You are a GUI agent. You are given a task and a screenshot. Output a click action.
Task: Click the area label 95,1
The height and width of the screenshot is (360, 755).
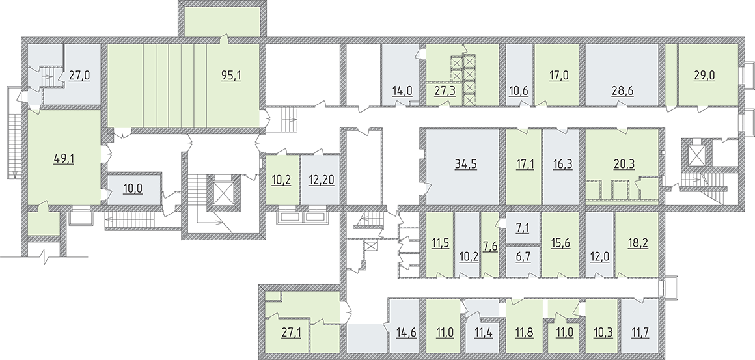coord(231,76)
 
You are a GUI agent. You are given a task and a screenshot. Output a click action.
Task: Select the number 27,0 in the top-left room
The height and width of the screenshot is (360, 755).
coord(80,76)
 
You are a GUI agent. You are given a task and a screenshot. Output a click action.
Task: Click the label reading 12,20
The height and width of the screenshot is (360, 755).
coord(321,180)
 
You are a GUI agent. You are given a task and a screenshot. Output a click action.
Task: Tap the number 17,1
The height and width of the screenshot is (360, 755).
coord(524,163)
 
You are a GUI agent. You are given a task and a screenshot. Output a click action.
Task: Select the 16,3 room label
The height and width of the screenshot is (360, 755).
coord(562,163)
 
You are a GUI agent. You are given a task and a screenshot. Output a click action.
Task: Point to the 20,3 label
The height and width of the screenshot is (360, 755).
coord(625,163)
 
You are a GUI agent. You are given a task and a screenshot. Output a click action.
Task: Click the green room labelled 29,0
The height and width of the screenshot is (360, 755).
coord(704,76)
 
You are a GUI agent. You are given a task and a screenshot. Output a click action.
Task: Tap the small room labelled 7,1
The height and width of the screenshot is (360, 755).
coord(523,227)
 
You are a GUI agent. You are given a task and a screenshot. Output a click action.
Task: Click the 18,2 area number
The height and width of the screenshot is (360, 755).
coord(638,243)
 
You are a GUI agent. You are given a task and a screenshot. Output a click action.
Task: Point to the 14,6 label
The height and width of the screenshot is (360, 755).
coord(406,332)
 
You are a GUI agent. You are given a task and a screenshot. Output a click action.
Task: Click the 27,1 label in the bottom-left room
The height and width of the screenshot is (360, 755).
coord(291,332)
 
